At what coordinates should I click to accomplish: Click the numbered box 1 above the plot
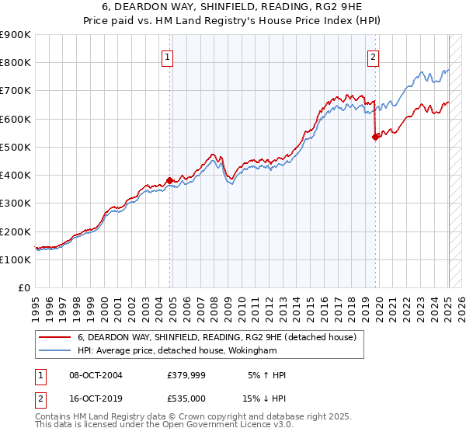(x=168, y=56)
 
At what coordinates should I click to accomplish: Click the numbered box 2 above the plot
(x=374, y=56)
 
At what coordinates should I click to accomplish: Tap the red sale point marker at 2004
(x=169, y=180)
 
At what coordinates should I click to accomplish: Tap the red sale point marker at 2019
(x=375, y=137)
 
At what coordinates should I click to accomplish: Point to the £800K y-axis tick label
(x=16, y=63)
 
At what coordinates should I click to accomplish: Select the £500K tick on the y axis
(x=16, y=147)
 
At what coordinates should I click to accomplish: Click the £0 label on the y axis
(x=23, y=287)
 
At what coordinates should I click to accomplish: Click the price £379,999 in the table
(x=185, y=375)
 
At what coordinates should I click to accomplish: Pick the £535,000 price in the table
(x=185, y=398)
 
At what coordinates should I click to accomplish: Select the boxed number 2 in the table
(x=40, y=398)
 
